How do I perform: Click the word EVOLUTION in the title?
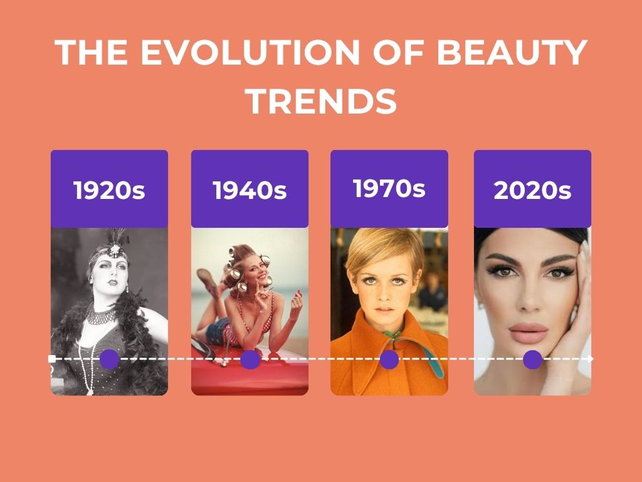(250, 52)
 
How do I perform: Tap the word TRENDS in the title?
(322, 101)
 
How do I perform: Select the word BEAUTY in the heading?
(512, 52)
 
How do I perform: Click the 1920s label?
(109, 190)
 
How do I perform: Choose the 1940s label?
(250, 190)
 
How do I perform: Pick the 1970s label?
(389, 188)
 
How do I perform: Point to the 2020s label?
(532, 190)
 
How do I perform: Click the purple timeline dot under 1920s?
(109, 360)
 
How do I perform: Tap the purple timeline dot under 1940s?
(250, 360)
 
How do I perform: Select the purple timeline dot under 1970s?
(389, 360)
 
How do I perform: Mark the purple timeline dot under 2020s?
(533, 360)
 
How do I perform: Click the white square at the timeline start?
(52, 359)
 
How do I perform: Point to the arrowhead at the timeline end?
(591, 359)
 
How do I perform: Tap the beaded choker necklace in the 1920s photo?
(100, 315)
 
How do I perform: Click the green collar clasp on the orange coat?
(392, 335)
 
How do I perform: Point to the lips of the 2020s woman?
(528, 332)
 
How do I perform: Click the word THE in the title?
(92, 52)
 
